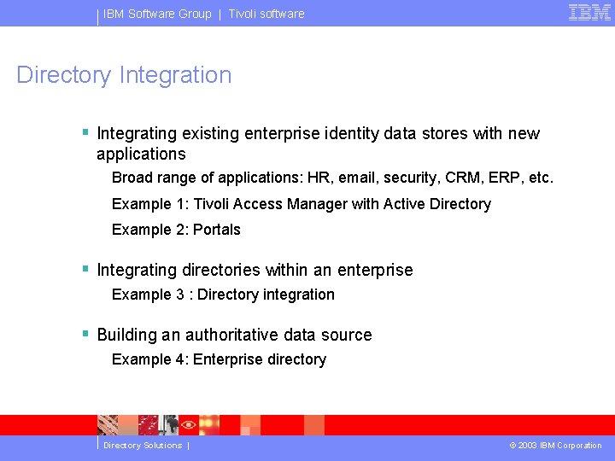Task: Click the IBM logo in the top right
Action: point(589,13)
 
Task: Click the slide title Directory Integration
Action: point(124,75)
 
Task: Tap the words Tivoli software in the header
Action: point(266,14)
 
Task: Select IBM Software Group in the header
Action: point(157,14)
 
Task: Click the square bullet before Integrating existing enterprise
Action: point(85,132)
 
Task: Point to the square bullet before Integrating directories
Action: point(85,269)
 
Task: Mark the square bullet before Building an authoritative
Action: point(85,334)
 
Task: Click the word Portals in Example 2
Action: point(217,230)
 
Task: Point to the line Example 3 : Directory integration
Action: point(223,295)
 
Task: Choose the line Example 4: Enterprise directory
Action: point(219,359)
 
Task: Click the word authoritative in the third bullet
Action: point(236,335)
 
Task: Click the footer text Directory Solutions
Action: point(143,446)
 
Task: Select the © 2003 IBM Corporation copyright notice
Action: point(555,446)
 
